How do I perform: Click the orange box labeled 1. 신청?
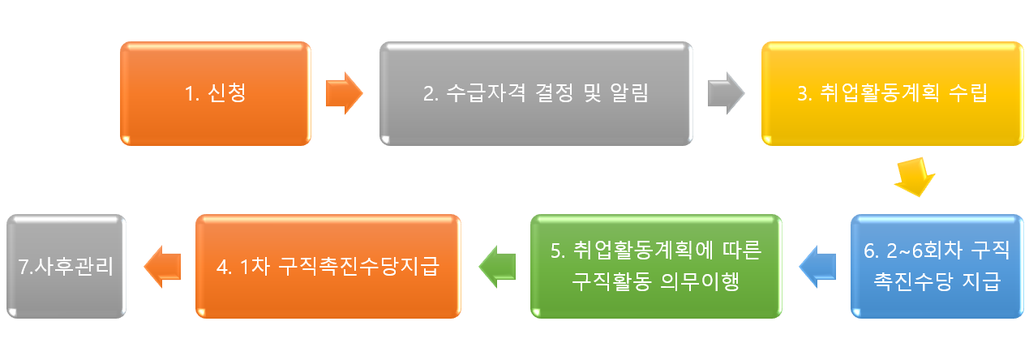(x=215, y=94)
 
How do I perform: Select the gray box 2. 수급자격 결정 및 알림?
(x=536, y=94)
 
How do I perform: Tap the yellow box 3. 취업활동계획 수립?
(x=892, y=94)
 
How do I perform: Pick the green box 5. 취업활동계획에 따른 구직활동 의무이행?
(x=656, y=266)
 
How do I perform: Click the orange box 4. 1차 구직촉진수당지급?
(x=328, y=266)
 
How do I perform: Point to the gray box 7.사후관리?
(x=66, y=266)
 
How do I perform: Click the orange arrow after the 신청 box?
(x=344, y=93)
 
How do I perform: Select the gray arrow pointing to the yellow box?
(x=726, y=93)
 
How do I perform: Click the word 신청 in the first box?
(x=228, y=94)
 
